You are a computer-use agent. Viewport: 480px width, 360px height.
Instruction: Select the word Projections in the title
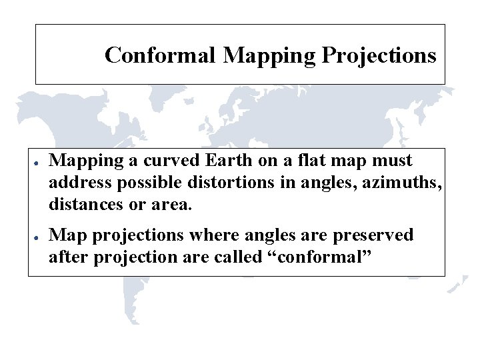coord(379,55)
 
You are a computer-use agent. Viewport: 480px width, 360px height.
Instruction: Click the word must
coord(391,161)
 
